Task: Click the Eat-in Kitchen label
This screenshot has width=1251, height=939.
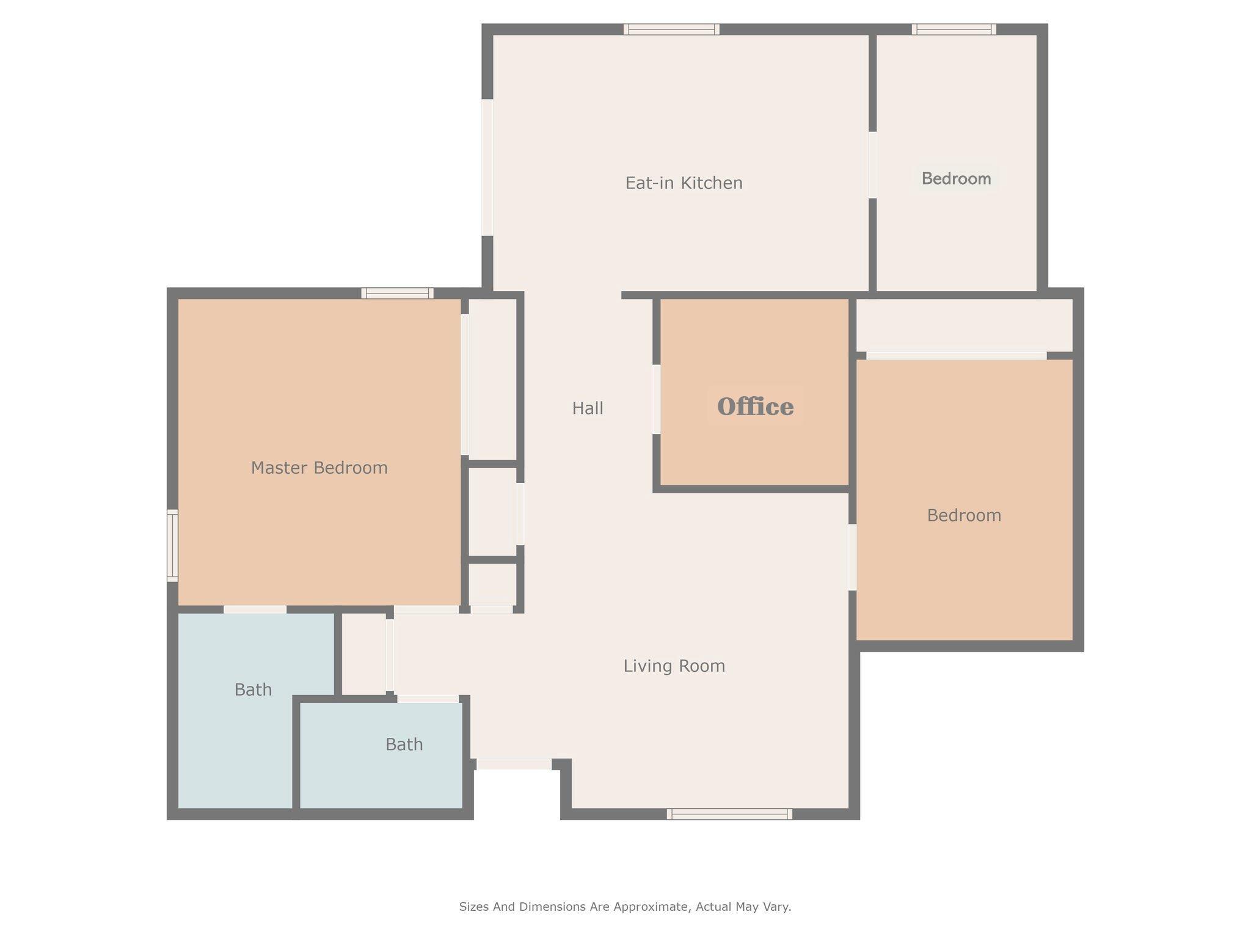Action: tap(684, 183)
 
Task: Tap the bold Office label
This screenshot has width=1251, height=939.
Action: tap(755, 407)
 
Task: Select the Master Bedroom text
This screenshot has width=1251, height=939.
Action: tap(319, 468)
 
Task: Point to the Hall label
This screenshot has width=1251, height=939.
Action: tap(588, 408)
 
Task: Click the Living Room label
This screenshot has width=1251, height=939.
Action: tap(674, 666)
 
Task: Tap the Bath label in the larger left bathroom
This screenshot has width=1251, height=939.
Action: tap(253, 690)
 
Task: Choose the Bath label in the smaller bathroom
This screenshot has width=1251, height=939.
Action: tap(404, 744)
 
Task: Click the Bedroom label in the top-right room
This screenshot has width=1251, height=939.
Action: tap(956, 179)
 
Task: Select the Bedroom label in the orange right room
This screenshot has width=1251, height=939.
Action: tap(964, 515)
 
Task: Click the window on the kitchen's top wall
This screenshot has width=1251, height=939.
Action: tap(671, 29)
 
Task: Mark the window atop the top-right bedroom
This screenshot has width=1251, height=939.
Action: tap(954, 29)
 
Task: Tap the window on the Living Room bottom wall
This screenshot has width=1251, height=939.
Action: tap(729, 814)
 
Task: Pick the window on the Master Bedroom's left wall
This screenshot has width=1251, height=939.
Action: tap(173, 545)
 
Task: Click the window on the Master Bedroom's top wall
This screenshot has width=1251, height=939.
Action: tap(397, 293)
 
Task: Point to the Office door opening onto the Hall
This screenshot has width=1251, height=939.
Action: tap(657, 399)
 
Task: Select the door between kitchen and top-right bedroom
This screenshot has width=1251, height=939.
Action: tap(872, 165)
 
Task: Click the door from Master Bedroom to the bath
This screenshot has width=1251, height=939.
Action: tap(255, 609)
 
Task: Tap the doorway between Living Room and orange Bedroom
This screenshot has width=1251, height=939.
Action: tap(852, 557)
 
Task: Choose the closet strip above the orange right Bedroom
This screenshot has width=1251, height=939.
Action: tap(964, 325)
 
